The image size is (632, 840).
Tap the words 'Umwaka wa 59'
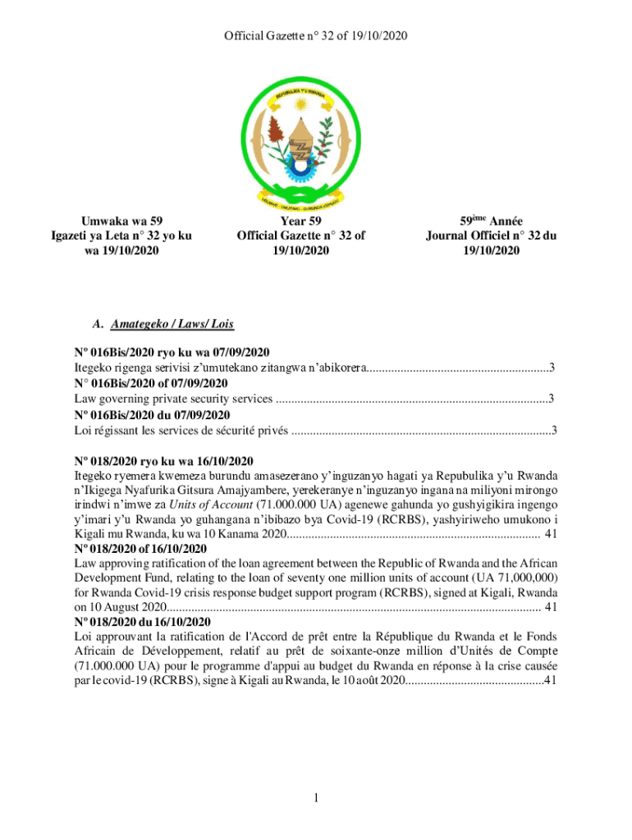(x=121, y=221)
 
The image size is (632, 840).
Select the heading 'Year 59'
(x=300, y=221)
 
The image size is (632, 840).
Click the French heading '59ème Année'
(x=490, y=221)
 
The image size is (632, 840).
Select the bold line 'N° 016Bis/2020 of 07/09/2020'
(x=151, y=383)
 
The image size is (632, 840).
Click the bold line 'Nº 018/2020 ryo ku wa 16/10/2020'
(x=163, y=460)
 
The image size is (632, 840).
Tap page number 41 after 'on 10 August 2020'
(x=552, y=608)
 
